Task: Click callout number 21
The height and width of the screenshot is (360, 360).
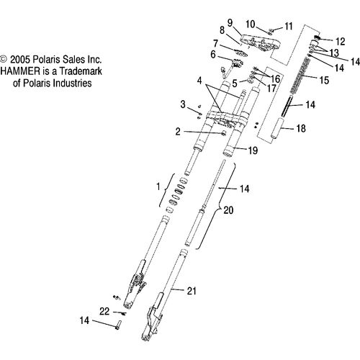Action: coord(192,291)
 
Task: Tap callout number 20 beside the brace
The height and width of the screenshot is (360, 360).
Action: coord(228,210)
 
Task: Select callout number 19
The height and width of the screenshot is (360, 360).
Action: coord(253,150)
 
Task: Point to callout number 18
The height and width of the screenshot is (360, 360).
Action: coord(301,129)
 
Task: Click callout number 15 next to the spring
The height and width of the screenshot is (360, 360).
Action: coord(324,80)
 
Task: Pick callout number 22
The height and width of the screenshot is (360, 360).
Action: coord(104,312)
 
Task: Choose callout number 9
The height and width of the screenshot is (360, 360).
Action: coord(230,23)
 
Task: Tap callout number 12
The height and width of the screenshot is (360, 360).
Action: coord(340,42)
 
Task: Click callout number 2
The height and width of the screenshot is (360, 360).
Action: coord(178,132)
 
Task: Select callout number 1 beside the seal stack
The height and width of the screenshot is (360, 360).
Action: coord(158,186)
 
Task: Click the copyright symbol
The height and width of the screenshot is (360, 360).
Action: coord(4,59)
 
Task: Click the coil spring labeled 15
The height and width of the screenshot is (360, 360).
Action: coord(300,76)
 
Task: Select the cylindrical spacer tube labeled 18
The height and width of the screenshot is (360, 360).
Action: coord(277,128)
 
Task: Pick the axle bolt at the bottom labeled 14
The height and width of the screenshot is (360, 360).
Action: coord(118,325)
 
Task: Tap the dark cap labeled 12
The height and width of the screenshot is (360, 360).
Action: coord(318,37)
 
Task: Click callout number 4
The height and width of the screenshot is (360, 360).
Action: coord(199,81)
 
